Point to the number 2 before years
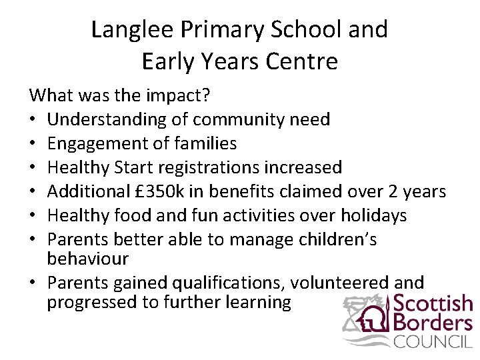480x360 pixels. pyautogui.click(x=396, y=191)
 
